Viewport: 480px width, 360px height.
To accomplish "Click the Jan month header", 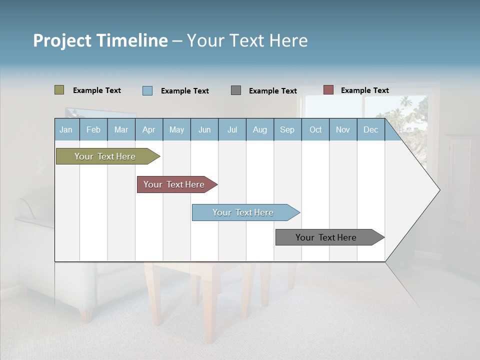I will pos(66,129).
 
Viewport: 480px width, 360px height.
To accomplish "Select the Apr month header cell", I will pos(149,129).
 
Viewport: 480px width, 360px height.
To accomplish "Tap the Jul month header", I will pos(232,129).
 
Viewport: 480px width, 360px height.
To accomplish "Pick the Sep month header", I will pos(287,129).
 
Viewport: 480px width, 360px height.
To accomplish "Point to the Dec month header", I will pos(370,129).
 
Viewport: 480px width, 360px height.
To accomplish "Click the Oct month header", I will pos(315,129).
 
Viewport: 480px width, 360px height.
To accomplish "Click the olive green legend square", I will pos(59,90).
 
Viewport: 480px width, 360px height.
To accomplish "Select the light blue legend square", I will pos(147,90).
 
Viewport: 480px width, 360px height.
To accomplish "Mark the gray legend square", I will pos(236,90).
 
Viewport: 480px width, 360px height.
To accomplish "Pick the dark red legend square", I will pos(328,90).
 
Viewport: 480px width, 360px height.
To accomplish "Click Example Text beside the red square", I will pos(364,90).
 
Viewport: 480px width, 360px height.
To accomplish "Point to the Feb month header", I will pos(93,129).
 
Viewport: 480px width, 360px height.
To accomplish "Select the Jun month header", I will pos(204,129).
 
